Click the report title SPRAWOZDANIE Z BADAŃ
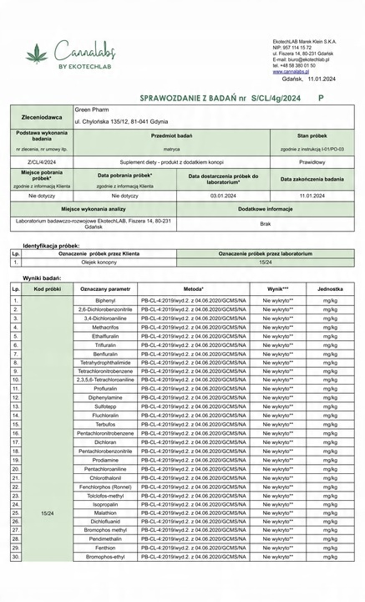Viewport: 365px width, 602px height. coord(175,98)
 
